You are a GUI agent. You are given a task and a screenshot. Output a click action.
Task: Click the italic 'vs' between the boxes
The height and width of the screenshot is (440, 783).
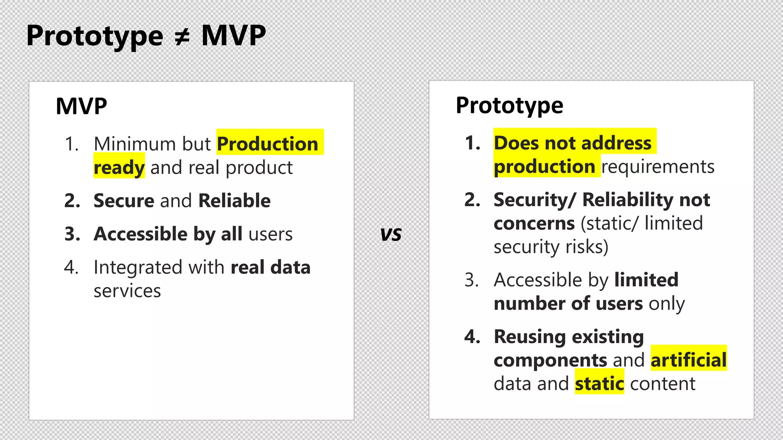391,235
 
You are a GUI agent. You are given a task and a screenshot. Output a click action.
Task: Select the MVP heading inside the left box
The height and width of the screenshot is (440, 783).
81,106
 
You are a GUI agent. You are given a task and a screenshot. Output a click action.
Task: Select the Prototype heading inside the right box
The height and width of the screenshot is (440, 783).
509,105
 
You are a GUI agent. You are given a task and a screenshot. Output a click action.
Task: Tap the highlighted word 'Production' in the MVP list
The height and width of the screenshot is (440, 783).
267,144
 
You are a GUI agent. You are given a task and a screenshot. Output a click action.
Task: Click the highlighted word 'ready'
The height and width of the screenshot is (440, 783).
119,168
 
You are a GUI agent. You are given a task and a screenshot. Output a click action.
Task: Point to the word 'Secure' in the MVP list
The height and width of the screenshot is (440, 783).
124,201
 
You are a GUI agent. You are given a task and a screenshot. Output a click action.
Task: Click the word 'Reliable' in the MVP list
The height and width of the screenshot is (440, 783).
234,201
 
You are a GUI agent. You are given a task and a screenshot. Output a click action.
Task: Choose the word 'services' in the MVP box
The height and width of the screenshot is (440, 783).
127,291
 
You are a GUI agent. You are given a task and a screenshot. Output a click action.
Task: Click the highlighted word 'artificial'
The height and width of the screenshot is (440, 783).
689,360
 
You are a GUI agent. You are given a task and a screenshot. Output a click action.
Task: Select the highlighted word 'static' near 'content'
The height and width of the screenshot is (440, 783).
599,383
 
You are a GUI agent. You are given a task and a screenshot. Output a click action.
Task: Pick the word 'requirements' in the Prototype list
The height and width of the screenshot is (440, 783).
658,167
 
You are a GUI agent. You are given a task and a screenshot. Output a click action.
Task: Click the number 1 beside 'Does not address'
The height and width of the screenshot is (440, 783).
472,143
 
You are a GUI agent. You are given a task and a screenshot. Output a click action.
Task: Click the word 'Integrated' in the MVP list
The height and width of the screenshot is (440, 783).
138,267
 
